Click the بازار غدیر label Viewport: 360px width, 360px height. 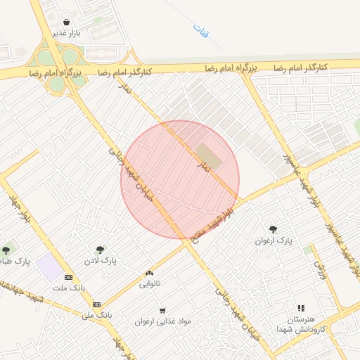coord(70,33)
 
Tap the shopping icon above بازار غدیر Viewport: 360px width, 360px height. coord(66,22)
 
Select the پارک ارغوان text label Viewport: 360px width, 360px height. coord(273,241)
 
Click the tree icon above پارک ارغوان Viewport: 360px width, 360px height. coord(273,229)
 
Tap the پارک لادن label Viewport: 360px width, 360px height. coord(102,260)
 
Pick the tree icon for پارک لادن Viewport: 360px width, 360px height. coord(101,249)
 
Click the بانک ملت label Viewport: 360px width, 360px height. coord(68,288)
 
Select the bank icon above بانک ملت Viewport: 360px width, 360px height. coord(68,277)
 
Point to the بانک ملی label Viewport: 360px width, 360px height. coord(96,316)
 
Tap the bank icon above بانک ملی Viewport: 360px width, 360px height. coord(96,304)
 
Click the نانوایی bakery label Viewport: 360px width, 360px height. coord(149,285)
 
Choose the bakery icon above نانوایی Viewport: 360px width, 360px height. coord(149,274)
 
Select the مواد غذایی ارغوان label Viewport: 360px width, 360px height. coord(163,321)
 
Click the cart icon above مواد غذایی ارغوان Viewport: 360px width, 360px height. coord(162,310)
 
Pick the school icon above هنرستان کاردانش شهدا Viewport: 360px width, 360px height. coord(301,308)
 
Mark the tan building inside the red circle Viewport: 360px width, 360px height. coord(207,155)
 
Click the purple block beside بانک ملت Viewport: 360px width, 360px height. coord(49,266)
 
